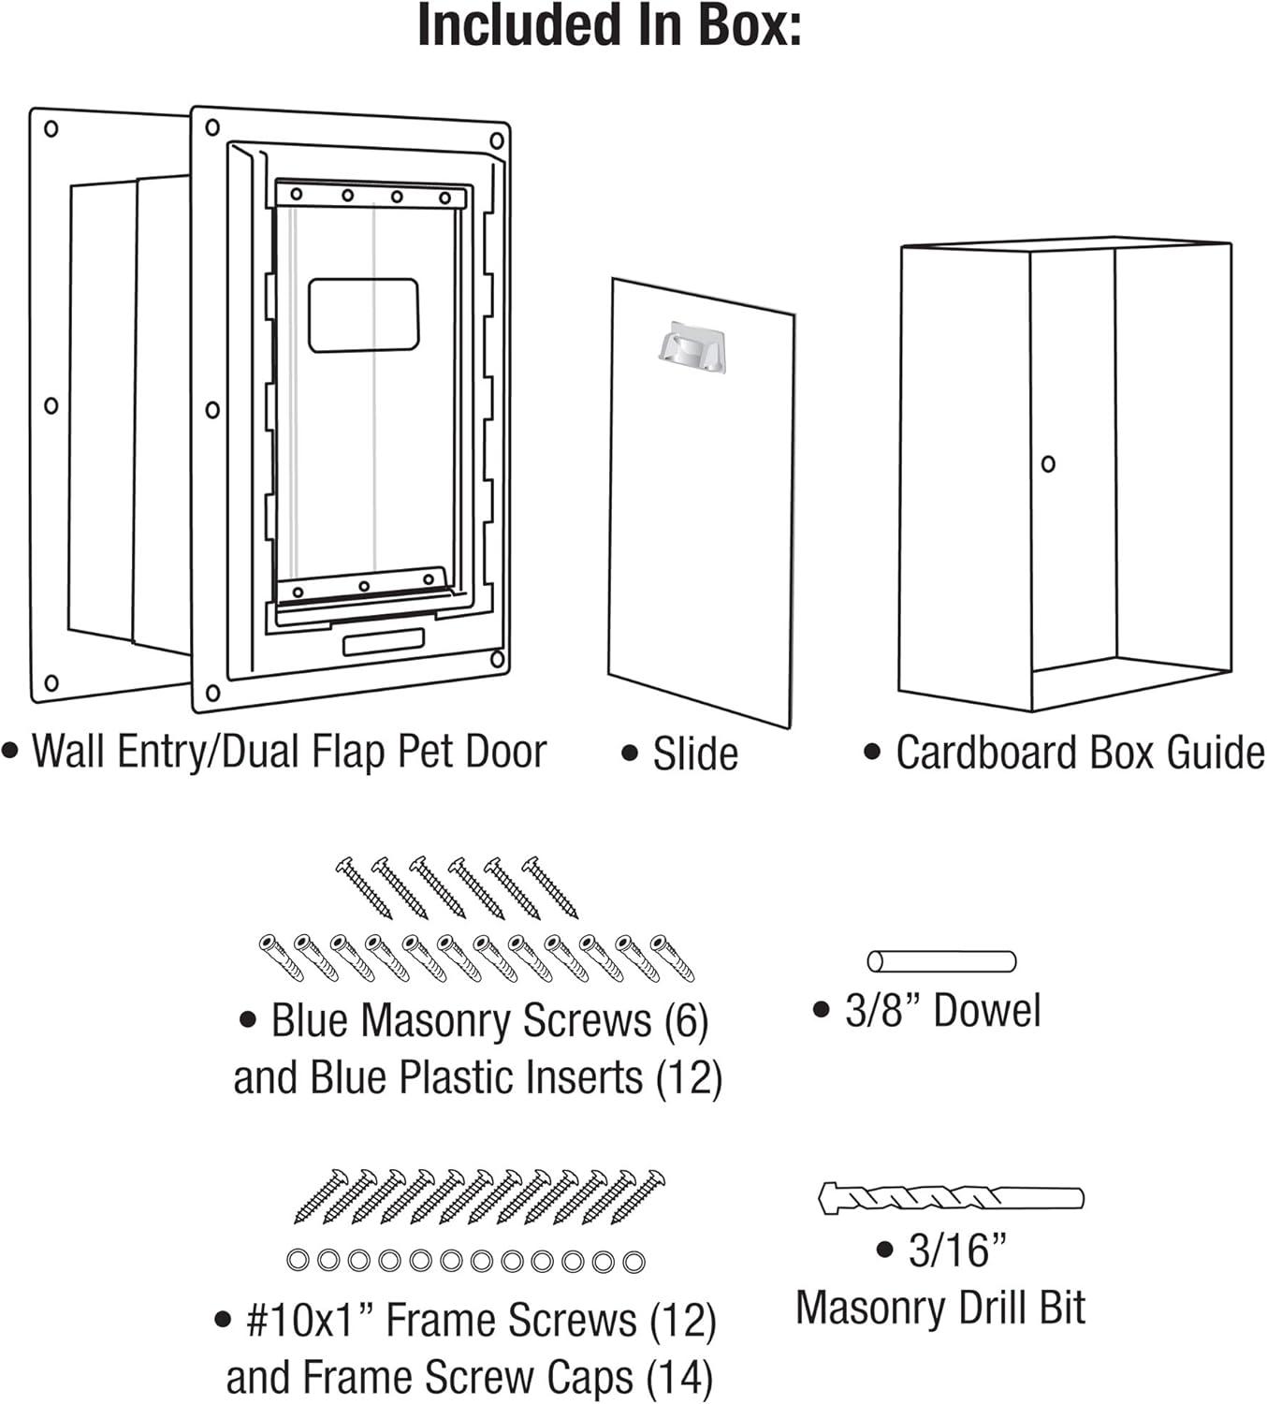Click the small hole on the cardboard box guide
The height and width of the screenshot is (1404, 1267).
pos(1048,463)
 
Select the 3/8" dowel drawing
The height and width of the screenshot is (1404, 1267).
pos(940,961)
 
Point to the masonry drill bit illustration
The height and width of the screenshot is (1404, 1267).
pos(951,1198)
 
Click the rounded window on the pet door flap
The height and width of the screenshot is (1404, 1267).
pos(363,314)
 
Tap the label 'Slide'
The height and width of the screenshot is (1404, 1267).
pos(694,753)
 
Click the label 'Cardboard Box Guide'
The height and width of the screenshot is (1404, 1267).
pos(1079,753)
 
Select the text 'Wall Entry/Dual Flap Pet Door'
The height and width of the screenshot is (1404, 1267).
pos(288,752)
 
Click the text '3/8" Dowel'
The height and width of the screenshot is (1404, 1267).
pos(941,1011)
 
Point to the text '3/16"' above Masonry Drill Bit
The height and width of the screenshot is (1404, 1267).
pos(956,1250)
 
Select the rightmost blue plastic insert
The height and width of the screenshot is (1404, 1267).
pos(673,957)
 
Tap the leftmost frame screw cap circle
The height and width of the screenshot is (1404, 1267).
pos(298,1261)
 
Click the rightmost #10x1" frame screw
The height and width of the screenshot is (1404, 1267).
pos(638,1196)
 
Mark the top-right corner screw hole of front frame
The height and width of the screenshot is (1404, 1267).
pos(497,141)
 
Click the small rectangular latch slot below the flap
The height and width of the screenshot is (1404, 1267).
pos(383,642)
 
